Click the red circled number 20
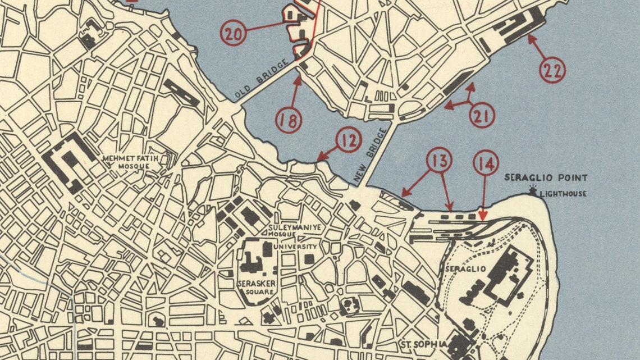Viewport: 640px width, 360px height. [x=234, y=33]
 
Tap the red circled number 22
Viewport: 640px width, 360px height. [x=552, y=70]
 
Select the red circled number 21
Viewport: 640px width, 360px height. [x=482, y=115]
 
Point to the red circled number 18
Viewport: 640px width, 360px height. [x=289, y=120]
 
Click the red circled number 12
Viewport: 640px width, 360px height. [x=349, y=140]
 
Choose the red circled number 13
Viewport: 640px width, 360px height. [x=439, y=161]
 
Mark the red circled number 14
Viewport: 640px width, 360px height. [x=486, y=164]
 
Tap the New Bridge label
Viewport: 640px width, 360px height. [x=371, y=156]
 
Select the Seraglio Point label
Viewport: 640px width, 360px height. [x=546, y=178]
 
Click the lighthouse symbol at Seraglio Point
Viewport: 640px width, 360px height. [x=532, y=192]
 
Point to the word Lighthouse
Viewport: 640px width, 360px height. [x=563, y=194]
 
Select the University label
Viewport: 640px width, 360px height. [x=295, y=247]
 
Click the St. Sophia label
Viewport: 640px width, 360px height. [x=423, y=344]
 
